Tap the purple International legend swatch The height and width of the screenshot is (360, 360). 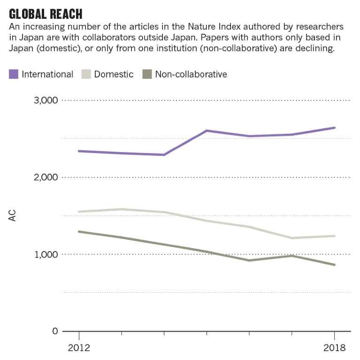14,74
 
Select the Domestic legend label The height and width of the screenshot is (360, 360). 114,74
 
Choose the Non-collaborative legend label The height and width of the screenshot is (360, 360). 191,74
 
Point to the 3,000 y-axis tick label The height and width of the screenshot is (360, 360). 46,100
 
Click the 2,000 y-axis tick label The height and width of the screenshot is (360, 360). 46,177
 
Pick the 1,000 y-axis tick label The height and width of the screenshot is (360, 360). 46,254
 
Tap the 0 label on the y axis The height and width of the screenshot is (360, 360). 55,331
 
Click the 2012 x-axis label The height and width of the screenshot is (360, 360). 79,348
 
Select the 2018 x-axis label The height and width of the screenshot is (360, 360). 334,348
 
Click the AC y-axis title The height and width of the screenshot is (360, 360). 13,216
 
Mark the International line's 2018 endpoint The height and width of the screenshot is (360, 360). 334,128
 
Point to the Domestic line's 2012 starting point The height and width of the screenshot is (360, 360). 79,212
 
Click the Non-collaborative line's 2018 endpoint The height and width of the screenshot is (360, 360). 334,265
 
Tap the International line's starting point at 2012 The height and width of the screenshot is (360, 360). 79,151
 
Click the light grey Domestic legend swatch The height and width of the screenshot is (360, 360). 86,74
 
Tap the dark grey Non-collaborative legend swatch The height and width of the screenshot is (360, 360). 147,74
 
